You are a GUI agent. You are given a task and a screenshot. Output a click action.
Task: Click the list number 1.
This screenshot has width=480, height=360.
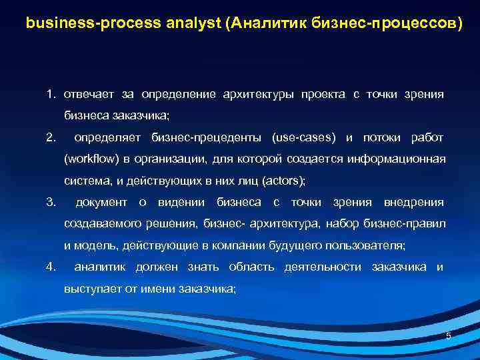(51, 94)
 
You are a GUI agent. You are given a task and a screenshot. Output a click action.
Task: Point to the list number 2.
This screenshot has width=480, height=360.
(51, 138)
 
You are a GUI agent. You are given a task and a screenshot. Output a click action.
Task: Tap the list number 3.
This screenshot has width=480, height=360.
(51, 202)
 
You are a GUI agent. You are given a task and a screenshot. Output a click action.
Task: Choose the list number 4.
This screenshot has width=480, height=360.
(51, 267)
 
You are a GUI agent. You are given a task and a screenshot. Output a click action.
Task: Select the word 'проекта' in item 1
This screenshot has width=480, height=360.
(323, 94)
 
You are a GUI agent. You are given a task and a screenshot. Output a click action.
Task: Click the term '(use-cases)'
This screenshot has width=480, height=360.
(304, 138)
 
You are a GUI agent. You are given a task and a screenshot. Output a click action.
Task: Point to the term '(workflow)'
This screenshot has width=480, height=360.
(89, 159)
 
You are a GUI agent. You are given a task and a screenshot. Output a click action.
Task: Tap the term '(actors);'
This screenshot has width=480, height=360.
(284, 181)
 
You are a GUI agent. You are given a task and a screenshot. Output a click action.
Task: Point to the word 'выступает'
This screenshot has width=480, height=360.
(87, 289)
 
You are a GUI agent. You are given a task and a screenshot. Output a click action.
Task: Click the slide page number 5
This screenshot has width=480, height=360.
(448, 336)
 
